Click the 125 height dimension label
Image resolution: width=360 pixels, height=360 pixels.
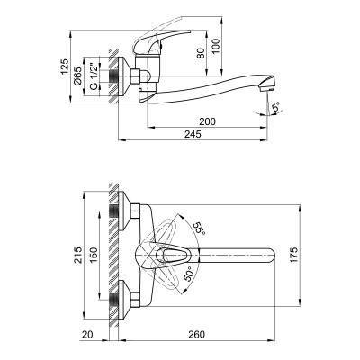tap(65, 67)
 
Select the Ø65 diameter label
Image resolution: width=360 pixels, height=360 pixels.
tap(77, 76)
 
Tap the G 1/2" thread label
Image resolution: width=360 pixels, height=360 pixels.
tap(94, 76)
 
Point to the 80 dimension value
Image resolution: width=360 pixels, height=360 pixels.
tap(202, 53)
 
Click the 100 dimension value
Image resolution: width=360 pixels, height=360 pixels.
tap(216, 46)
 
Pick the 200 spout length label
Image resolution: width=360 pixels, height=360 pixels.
tap(208, 121)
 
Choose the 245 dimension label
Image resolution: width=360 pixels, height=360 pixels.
tap(193, 134)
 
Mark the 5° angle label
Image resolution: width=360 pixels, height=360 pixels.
tap(275, 107)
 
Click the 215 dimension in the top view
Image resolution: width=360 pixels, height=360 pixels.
tap(78, 255)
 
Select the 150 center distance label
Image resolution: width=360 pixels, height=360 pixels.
tap(94, 255)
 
